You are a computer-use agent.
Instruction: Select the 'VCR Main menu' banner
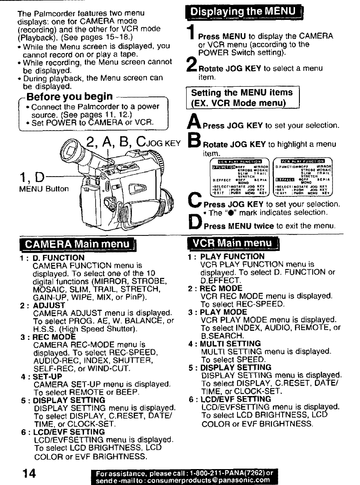coord(234,244)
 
